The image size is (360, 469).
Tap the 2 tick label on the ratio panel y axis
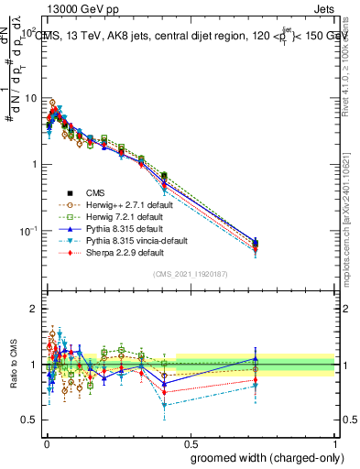33,309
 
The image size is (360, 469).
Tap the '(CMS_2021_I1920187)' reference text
191,274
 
